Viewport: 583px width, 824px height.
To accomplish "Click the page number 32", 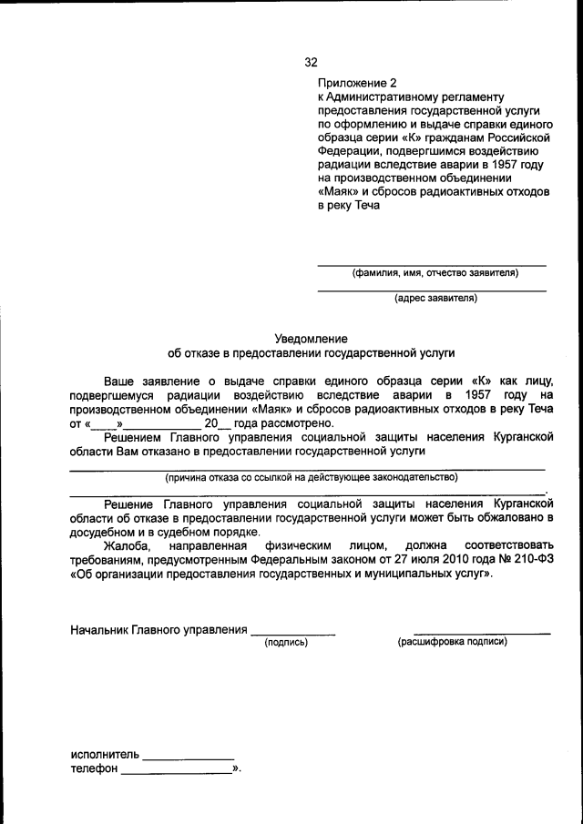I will point(311,63).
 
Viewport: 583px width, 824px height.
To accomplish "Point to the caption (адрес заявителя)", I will point(435,298).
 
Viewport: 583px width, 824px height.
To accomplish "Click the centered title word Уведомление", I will point(311,337).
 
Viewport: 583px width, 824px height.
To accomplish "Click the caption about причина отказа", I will point(310,476).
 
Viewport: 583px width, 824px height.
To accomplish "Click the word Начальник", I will point(99,629).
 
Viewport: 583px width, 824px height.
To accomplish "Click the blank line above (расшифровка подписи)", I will point(482,632).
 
